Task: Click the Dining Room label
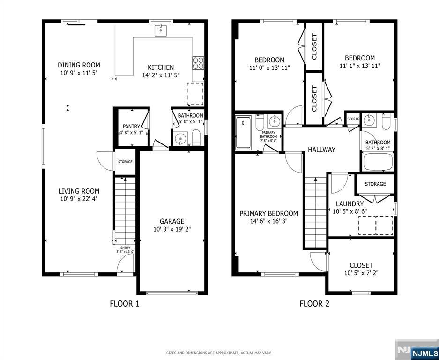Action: point(79,65)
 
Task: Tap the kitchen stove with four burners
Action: point(198,62)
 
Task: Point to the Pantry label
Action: point(131,126)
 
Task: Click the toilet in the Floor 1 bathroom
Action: point(196,138)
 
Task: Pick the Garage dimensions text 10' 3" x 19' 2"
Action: point(172,229)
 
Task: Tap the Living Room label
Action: point(79,191)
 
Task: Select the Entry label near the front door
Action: point(125,247)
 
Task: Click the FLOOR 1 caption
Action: point(124,304)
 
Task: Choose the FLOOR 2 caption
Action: point(314,304)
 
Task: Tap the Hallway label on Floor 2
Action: point(321,150)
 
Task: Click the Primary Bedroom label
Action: point(268,213)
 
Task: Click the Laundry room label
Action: point(350,204)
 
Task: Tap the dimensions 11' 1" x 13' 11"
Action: point(360,66)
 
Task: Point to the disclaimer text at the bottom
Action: point(219,352)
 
